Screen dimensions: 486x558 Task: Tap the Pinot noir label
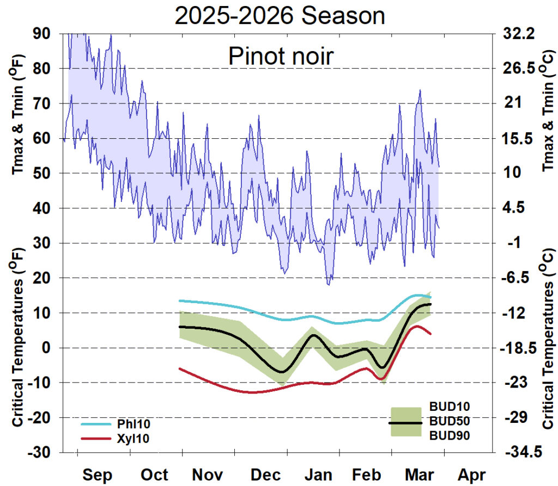pos(280,56)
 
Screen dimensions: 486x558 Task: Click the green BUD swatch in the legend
pos(406,422)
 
